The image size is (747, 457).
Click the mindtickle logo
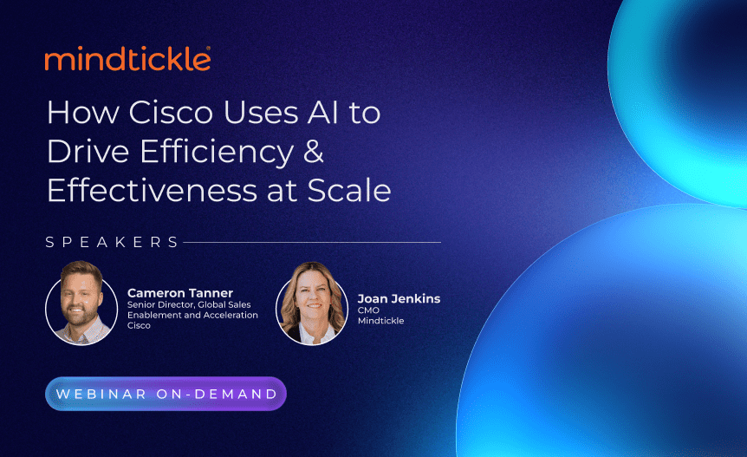click(127, 59)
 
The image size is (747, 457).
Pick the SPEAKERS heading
click(113, 242)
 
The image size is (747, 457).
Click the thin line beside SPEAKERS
click(312, 242)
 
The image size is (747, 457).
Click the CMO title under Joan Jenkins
click(368, 310)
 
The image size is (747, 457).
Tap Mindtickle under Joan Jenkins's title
click(380, 321)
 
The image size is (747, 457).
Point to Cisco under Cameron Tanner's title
click(139, 326)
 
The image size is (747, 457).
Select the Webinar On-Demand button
click(166, 394)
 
